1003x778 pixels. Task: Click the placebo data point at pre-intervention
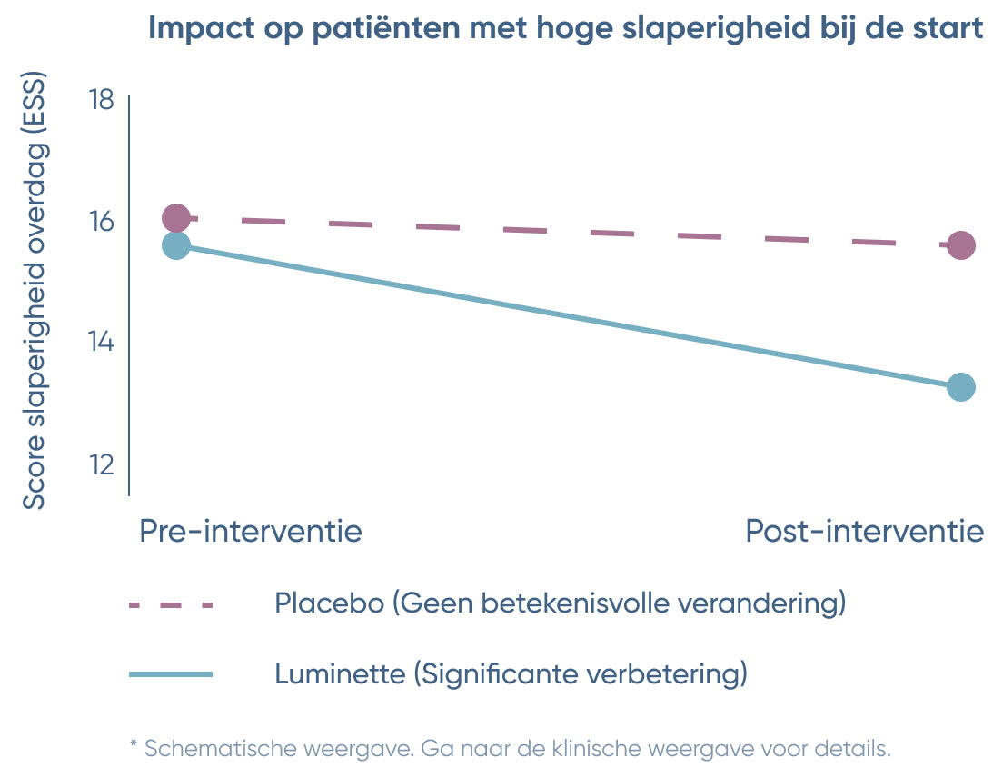point(176,218)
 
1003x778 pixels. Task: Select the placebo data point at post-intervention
point(961,245)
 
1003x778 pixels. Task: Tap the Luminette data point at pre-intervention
point(176,245)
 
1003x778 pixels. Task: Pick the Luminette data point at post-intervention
point(961,387)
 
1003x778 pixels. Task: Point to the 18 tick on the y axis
point(101,99)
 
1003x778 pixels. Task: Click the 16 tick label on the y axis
point(101,221)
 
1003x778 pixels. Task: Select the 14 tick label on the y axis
point(101,343)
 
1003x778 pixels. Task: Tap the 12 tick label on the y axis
point(101,464)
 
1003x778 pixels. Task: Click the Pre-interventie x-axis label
point(251,531)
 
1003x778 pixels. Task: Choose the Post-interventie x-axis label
point(864,531)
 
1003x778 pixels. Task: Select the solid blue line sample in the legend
point(171,674)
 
